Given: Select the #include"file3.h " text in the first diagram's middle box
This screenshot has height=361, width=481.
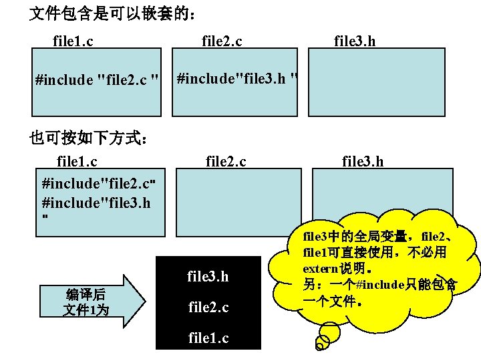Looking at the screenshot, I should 236,79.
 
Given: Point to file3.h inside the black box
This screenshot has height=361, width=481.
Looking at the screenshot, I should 208,276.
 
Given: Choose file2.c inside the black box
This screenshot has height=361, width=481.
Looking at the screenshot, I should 208,308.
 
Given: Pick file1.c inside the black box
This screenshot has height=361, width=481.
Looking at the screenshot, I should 208,338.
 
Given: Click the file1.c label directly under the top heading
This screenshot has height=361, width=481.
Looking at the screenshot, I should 73,41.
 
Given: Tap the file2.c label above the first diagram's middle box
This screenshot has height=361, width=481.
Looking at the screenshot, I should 222,41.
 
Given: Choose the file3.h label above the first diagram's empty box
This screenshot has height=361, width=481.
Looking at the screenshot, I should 355,41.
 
